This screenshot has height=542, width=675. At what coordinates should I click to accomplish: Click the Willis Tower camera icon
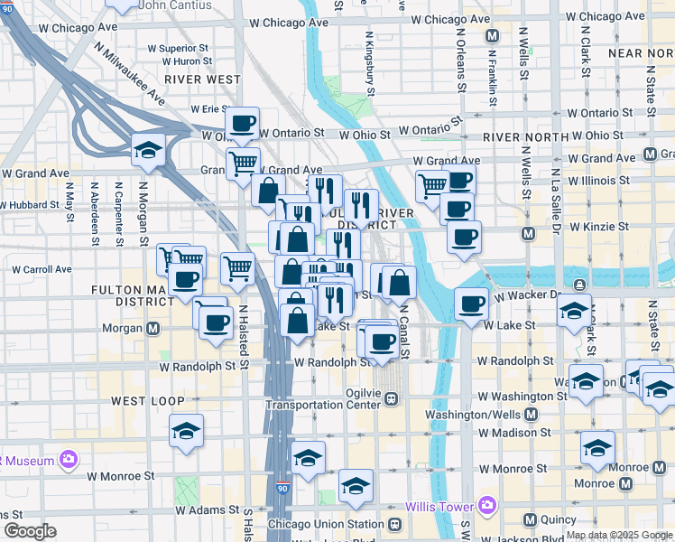click(x=487, y=504)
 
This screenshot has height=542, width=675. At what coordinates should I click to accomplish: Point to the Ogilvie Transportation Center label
click(x=325, y=397)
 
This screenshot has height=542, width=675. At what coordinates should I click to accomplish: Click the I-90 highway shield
click(x=282, y=489)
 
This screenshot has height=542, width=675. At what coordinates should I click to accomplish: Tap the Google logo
click(x=30, y=531)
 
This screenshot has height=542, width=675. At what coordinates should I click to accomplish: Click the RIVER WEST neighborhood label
click(x=202, y=79)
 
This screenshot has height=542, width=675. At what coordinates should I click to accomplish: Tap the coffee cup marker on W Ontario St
click(x=241, y=123)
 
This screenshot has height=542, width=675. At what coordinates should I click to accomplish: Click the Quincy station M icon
click(x=530, y=520)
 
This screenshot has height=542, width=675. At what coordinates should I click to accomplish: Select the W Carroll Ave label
click(x=41, y=269)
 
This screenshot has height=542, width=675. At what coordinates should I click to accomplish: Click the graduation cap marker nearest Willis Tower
click(x=356, y=485)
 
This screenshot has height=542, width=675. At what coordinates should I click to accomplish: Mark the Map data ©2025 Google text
click(x=620, y=535)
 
